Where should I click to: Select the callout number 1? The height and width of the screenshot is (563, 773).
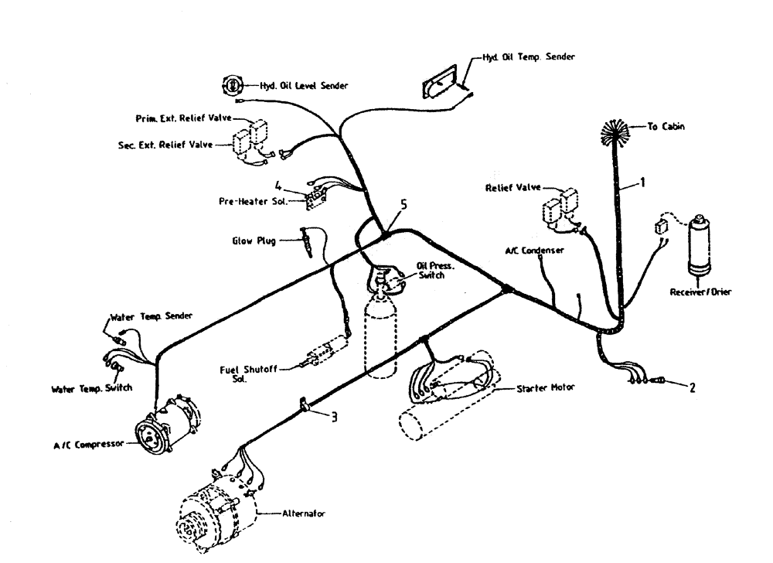click(x=641, y=183)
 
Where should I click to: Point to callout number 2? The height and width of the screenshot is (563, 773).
click(x=692, y=387)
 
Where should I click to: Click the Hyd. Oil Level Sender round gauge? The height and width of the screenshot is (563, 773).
click(x=231, y=85)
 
